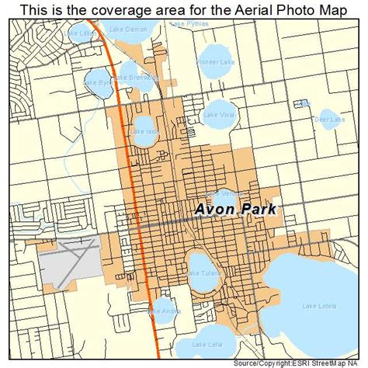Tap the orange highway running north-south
click(127, 155)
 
